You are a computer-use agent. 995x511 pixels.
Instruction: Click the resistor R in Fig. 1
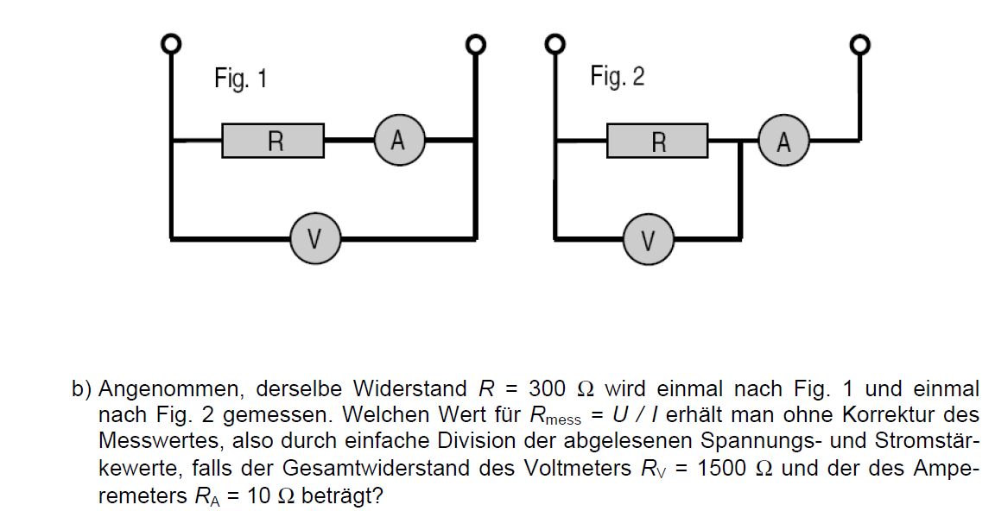[273, 141]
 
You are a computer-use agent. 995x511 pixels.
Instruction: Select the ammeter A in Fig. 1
[398, 140]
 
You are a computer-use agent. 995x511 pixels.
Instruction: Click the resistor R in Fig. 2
[657, 141]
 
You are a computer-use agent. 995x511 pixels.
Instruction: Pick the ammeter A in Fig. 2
[783, 140]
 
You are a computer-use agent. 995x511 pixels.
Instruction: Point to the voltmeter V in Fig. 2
[648, 240]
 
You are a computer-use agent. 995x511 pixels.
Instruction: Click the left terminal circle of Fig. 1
[171, 44]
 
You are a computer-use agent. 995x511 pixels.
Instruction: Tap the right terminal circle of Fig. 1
[475, 44]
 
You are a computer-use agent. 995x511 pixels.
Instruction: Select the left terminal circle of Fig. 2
[555, 44]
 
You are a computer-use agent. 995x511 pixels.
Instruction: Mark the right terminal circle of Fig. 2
[860, 44]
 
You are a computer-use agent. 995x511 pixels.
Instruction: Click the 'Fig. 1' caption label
[241, 79]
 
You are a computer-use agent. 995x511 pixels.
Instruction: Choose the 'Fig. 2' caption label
[618, 76]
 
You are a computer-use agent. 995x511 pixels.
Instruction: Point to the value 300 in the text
[547, 388]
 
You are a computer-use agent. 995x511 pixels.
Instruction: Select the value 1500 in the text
[721, 469]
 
